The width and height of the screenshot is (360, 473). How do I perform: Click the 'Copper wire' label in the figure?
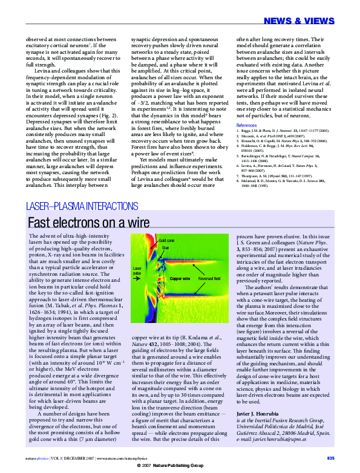(180, 279)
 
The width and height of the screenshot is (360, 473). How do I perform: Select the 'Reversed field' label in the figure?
(209, 279)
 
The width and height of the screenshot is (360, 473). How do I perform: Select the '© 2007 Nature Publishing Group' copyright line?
(180, 468)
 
